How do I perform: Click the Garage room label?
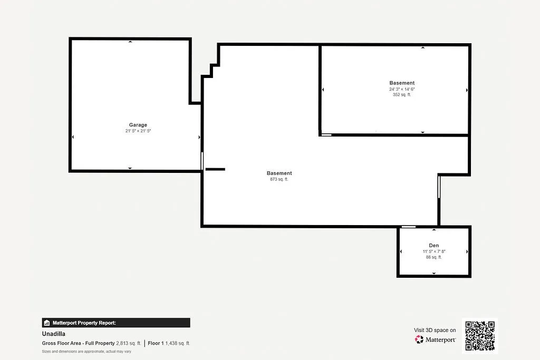pyautogui.click(x=138, y=125)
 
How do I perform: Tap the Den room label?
pyautogui.click(x=433, y=246)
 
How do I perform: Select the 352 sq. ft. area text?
pyautogui.click(x=402, y=95)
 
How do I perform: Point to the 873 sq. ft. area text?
pyautogui.click(x=279, y=179)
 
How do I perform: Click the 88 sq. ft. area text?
pyautogui.click(x=433, y=257)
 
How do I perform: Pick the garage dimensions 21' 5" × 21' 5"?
pyautogui.click(x=138, y=131)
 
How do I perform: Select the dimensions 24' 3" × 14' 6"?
pyautogui.click(x=402, y=89)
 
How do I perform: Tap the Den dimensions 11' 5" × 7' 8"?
pyautogui.click(x=433, y=251)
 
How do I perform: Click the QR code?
pyautogui.click(x=479, y=335)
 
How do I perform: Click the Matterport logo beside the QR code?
pyautogui.click(x=436, y=340)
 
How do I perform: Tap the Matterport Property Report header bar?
pyautogui.click(x=116, y=323)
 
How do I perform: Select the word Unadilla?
pyautogui.click(x=54, y=334)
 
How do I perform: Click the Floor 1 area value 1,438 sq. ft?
pyautogui.click(x=178, y=343)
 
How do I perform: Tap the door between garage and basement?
pyautogui.click(x=202, y=161)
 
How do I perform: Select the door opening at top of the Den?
pyautogui.click(x=408, y=227)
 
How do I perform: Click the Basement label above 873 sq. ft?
pyautogui.click(x=279, y=173)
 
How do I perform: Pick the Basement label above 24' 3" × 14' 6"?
pyautogui.click(x=402, y=83)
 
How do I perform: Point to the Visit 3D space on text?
pyautogui.click(x=435, y=330)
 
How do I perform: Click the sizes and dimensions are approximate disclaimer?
pyautogui.click(x=86, y=352)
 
